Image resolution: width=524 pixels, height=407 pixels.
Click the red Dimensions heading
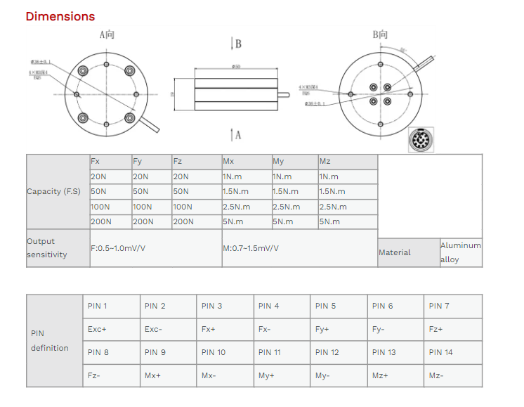click(60, 16)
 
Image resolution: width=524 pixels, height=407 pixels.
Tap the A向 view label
click(107, 34)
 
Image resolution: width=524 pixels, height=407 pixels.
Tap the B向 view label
click(380, 34)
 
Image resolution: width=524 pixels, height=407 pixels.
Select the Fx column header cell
click(110, 162)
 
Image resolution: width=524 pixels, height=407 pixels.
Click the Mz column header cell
click(347, 162)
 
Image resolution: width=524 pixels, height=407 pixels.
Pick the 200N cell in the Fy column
click(150, 221)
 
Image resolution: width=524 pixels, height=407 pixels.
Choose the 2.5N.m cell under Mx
click(246, 207)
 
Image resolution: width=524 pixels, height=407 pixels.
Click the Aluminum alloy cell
click(461, 252)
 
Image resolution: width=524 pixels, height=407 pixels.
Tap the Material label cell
click(408, 252)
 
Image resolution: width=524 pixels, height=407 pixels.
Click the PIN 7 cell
click(454, 306)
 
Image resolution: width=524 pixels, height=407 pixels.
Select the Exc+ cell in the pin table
click(111, 329)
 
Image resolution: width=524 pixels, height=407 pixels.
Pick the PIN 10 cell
click(225, 352)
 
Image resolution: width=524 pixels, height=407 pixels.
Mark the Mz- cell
click(454, 375)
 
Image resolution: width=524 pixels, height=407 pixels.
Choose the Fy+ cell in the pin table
click(339, 329)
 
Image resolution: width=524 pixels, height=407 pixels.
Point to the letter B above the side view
click(238, 44)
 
